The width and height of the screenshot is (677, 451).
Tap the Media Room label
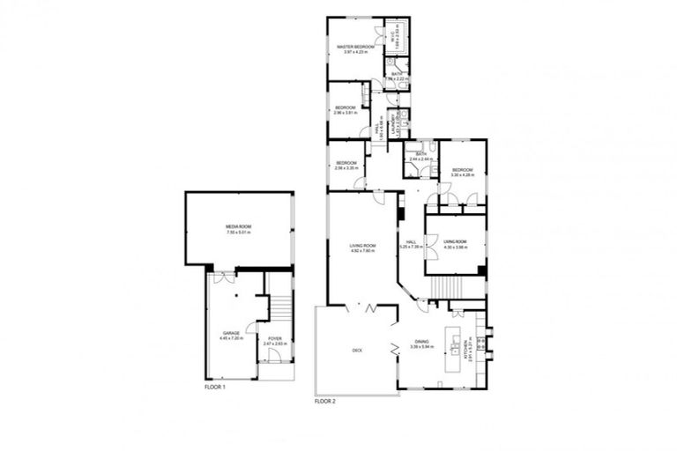239,227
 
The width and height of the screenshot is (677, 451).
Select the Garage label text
231,334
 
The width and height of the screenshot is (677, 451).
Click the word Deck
358,350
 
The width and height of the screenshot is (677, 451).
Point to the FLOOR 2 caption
327,402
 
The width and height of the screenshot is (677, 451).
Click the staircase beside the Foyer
279,307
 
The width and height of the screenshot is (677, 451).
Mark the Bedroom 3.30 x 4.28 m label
463,172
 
